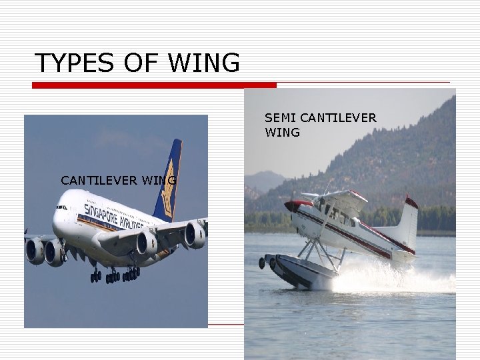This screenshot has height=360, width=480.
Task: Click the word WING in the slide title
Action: pos(204,63)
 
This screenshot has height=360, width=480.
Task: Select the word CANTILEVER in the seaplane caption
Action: pos(338,118)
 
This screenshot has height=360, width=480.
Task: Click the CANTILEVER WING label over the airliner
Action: pos(118,180)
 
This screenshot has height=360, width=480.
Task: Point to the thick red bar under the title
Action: pos(154,85)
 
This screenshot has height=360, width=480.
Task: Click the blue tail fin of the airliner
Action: pos(168,180)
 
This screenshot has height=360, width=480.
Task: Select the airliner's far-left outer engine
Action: pos(34,251)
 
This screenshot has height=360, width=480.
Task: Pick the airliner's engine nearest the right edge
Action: pos(195,235)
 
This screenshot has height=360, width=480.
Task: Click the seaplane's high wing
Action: pos(333,196)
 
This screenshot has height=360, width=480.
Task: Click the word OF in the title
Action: pos(139,63)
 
